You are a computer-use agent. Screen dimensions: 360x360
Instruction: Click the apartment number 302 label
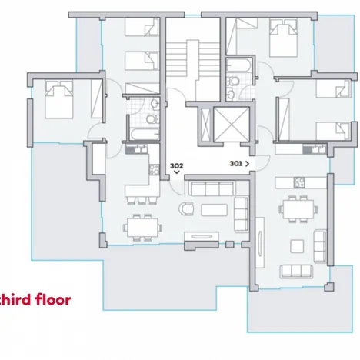[176, 165]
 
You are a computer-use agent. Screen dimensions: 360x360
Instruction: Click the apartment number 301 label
[236, 163]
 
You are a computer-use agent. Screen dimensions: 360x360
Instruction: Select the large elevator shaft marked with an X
[232, 125]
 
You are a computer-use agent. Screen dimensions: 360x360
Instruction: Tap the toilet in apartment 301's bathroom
[233, 81]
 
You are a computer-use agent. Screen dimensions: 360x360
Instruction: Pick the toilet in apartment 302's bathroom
[152, 119]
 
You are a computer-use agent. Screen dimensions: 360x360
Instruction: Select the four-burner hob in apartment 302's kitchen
[154, 169]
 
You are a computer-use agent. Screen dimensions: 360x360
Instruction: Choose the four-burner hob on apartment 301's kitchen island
[299, 182]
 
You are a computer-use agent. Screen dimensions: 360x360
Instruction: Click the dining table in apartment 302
[142, 228]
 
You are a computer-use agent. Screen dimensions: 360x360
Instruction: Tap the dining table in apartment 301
[298, 209]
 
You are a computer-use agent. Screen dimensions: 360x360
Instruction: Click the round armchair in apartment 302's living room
[186, 208]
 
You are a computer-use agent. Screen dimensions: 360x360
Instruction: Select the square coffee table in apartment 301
[297, 246]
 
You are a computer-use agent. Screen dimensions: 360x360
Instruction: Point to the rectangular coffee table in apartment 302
[214, 210]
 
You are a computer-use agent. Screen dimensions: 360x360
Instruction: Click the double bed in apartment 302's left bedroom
[59, 99]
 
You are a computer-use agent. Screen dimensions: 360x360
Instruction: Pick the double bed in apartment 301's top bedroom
[283, 38]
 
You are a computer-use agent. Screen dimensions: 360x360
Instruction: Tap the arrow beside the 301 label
[247, 164]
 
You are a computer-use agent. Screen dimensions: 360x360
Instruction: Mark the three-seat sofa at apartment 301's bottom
[296, 272]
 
